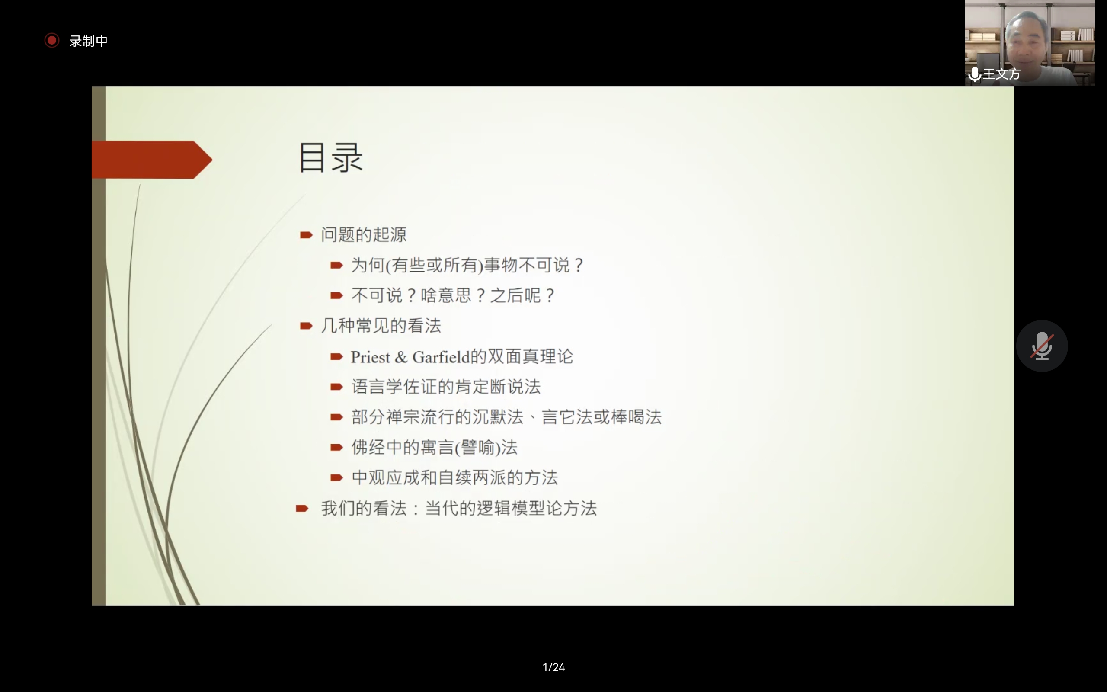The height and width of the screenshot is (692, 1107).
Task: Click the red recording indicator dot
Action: (x=52, y=40)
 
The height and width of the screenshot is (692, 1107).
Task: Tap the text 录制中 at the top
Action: (x=88, y=41)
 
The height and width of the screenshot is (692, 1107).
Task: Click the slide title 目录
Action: (x=331, y=157)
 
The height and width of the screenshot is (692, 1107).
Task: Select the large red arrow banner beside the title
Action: (x=152, y=160)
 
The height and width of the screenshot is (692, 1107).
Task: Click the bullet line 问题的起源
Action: (x=364, y=235)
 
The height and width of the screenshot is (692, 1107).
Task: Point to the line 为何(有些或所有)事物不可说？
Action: (x=467, y=265)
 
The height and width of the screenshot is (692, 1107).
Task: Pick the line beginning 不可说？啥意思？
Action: (x=453, y=295)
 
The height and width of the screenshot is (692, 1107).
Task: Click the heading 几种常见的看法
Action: (x=381, y=326)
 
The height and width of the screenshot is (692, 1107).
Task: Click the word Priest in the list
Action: (x=371, y=357)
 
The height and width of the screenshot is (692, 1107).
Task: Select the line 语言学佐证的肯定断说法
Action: (x=446, y=387)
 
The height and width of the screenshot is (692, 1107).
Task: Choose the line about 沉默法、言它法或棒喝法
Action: (x=506, y=417)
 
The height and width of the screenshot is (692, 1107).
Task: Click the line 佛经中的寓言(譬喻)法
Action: (x=435, y=447)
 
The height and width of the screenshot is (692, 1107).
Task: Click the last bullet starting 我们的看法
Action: (x=459, y=509)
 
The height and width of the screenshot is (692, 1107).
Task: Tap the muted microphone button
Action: (x=1042, y=346)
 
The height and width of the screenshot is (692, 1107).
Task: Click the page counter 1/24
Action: (x=553, y=667)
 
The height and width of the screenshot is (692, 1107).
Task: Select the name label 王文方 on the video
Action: (x=1001, y=74)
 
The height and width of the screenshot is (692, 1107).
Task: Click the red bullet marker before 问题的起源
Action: (x=306, y=235)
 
